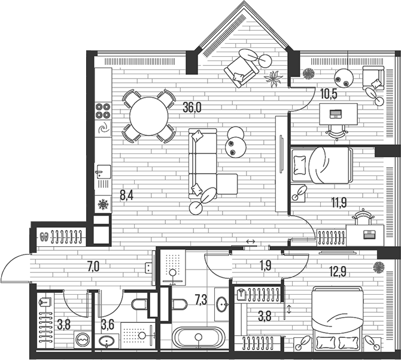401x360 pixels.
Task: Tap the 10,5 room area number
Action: tap(328, 93)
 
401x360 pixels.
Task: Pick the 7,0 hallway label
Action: tap(93, 267)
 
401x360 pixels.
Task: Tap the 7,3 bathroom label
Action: tap(200, 298)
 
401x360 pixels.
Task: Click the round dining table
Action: tap(149, 115)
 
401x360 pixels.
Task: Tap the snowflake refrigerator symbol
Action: tap(103, 205)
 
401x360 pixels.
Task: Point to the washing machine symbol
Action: tap(82, 340)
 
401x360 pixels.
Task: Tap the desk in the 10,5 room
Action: tap(339, 112)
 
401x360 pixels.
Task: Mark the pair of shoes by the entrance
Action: tap(44, 236)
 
